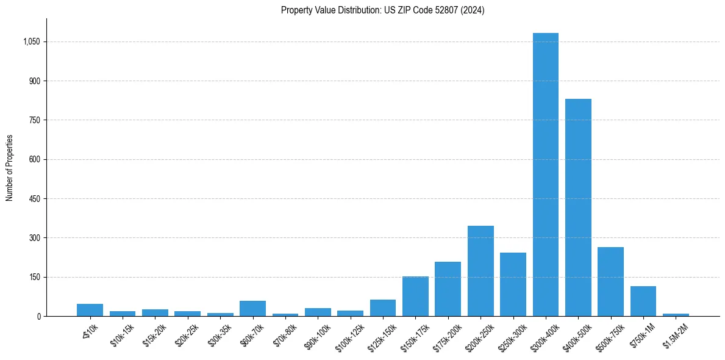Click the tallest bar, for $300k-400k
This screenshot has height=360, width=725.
pos(545,175)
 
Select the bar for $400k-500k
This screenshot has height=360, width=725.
pos(578,207)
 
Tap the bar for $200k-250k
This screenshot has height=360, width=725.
pos(480,271)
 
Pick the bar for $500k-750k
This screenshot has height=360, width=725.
pos(610,281)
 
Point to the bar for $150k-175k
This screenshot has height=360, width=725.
pos(415,296)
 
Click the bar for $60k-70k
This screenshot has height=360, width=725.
pos(252,308)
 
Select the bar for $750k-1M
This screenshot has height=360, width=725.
pos(643,301)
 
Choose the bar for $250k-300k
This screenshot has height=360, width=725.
pos(513,284)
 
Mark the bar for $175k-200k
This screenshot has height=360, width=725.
pos(448,289)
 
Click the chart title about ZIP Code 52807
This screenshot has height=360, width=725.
pos(382,10)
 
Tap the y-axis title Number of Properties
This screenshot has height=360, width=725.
pos(10,168)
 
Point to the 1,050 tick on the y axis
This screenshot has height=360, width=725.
pos(32,42)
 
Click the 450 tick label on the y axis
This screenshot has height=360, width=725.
pos(35,199)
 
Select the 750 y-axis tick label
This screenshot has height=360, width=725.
pos(35,120)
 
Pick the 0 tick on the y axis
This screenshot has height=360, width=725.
pos(38,317)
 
